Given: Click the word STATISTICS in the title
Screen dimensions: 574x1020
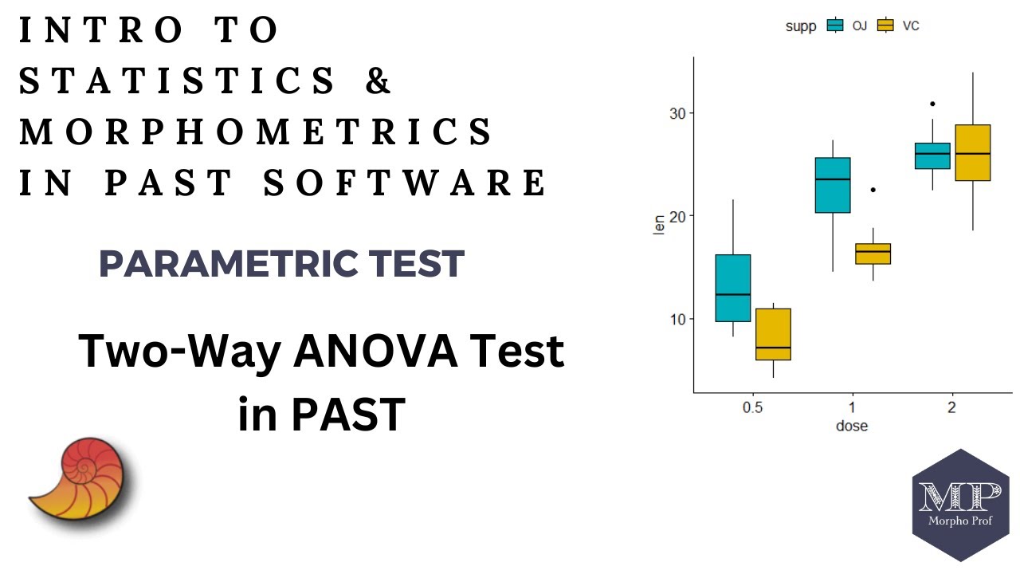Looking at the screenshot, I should click(177, 81).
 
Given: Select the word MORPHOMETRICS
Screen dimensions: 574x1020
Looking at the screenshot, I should click(256, 132).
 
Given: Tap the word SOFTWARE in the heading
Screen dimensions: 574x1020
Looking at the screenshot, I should click(405, 183).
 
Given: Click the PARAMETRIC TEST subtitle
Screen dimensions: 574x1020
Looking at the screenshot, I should click(281, 264).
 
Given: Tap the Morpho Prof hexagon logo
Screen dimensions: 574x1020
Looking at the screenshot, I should click(959, 505).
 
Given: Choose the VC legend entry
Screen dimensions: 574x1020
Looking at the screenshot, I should click(897, 26).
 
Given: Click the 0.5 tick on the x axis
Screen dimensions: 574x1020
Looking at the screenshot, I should click(752, 407).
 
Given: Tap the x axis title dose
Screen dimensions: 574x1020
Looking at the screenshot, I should click(851, 426).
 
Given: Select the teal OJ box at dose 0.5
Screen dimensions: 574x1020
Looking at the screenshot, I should click(732, 288).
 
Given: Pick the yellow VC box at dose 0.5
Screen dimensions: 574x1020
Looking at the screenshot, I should click(773, 334).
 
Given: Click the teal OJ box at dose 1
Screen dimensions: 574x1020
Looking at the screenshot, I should click(833, 185).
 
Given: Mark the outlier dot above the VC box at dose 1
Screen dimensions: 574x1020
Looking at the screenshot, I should click(873, 190).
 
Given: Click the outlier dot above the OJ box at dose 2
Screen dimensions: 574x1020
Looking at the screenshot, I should click(932, 104).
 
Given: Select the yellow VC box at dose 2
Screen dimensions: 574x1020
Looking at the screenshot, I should click(972, 153).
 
